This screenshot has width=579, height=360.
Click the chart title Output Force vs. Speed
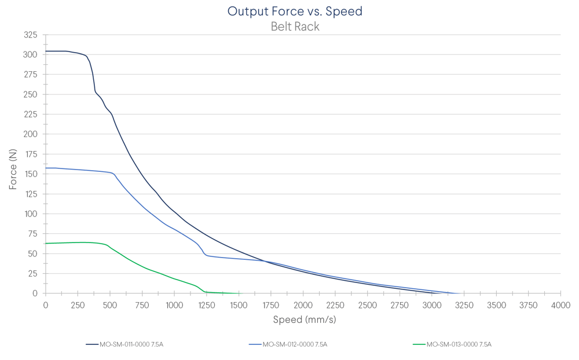point(295,11)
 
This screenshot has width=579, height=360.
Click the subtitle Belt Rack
point(295,27)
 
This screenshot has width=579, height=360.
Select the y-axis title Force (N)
point(13,170)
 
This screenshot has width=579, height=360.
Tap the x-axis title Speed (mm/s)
point(304,319)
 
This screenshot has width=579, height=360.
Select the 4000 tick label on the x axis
point(560,305)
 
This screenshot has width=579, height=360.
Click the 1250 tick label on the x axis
point(207,305)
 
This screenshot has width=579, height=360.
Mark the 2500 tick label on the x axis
point(368,305)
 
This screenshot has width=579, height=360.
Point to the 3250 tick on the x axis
point(464,305)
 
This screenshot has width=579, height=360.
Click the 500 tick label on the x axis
point(110,305)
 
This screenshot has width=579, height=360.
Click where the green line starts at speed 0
point(46,244)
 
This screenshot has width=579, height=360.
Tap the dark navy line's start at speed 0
point(46,52)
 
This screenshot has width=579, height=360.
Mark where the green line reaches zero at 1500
point(239,293)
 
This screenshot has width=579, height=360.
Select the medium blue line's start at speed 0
point(46,168)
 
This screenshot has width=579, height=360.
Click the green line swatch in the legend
point(419,344)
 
